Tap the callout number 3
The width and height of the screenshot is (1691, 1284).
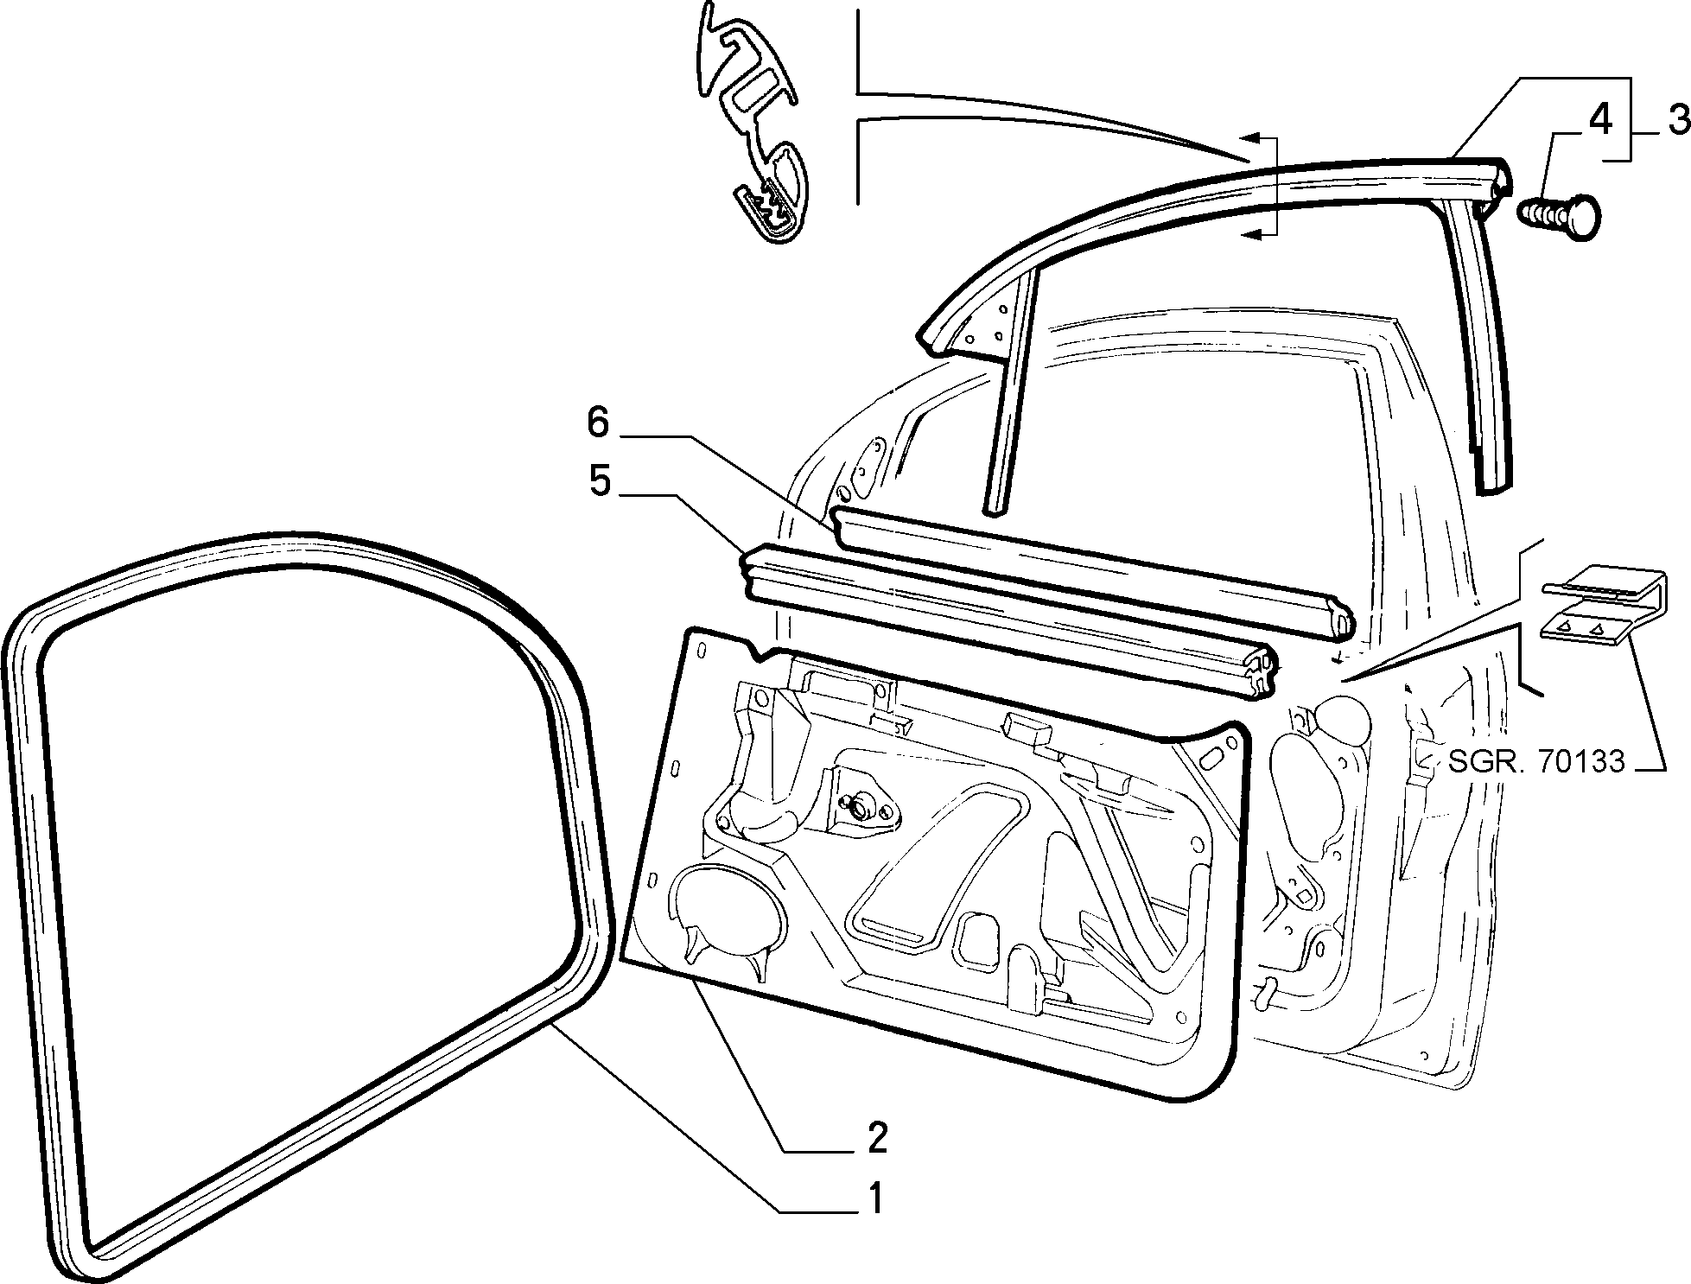(x=1677, y=120)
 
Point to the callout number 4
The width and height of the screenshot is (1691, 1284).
(x=1599, y=120)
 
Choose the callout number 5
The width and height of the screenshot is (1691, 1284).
(x=600, y=480)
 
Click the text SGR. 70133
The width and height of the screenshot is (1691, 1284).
(x=1536, y=761)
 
